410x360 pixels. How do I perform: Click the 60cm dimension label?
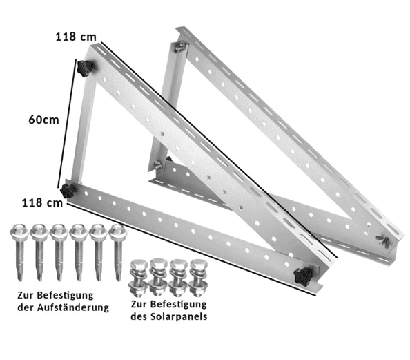click(x=43, y=119)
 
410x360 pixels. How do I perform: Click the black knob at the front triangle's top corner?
click(x=86, y=68)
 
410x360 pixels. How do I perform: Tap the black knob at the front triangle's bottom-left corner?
click(x=68, y=190)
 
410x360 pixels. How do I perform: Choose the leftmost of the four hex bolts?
click(x=139, y=277)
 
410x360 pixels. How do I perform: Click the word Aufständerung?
click(x=72, y=307)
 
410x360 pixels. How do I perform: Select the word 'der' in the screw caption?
click(x=25, y=307)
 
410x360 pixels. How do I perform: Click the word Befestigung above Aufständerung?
click(x=68, y=294)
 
